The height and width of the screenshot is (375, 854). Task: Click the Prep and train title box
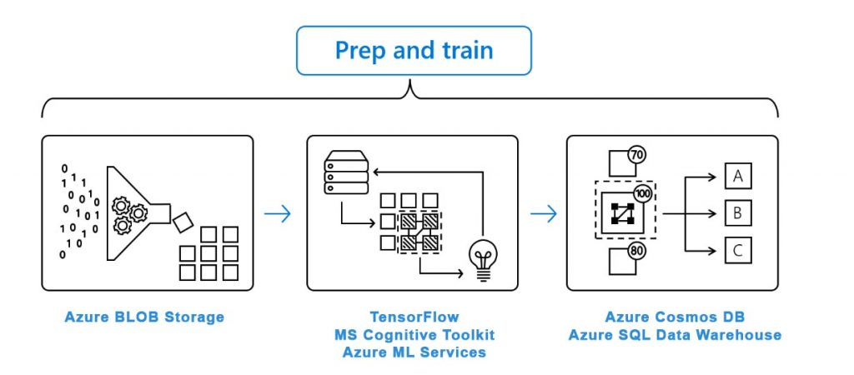(414, 51)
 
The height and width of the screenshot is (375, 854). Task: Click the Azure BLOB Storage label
(144, 317)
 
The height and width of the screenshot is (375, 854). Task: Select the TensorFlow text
(414, 317)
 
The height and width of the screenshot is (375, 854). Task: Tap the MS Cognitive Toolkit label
(414, 335)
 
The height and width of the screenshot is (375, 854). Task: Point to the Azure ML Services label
(414, 352)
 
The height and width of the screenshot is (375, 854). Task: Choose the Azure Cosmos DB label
(675, 317)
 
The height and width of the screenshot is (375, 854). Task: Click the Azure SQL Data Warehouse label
(675, 335)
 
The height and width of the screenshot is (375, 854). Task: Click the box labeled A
(737, 176)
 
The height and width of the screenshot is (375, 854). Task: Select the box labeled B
(737, 212)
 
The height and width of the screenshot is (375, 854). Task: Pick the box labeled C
(737, 250)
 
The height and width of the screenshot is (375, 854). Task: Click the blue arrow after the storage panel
(278, 214)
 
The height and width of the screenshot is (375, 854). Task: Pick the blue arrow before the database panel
(543, 214)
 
